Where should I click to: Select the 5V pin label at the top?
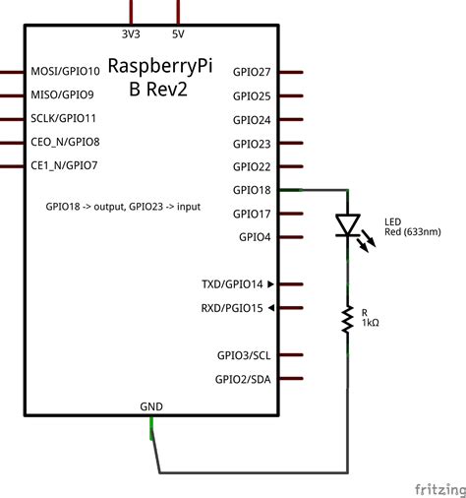click(178, 34)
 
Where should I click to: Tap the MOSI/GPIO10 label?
click(66, 71)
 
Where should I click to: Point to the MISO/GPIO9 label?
click(63, 94)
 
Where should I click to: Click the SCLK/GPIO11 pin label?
click(65, 118)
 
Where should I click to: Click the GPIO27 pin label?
click(252, 72)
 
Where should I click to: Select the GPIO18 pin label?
click(252, 190)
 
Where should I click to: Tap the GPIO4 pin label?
click(255, 237)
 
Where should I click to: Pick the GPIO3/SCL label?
click(244, 355)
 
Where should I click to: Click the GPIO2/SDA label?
click(244, 379)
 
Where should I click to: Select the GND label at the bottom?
click(151, 405)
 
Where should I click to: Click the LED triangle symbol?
click(347, 226)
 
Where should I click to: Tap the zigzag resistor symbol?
click(347, 318)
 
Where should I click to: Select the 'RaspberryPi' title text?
click(160, 67)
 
